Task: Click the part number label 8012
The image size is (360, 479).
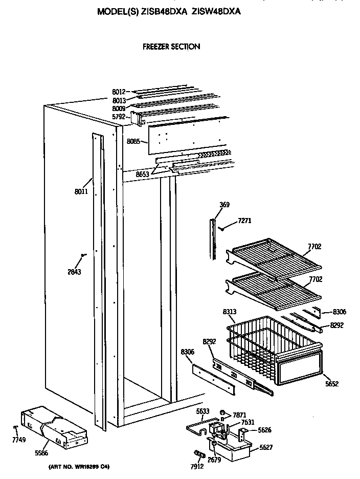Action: (119, 92)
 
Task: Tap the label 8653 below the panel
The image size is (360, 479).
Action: (143, 175)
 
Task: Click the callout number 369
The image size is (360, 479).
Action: (224, 205)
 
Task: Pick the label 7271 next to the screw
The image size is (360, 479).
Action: (244, 221)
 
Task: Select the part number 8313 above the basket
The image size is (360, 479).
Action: (230, 311)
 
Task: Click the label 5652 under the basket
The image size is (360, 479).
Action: (331, 383)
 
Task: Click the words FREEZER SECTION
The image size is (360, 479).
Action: (171, 47)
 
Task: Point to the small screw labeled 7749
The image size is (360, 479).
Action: (16, 427)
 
